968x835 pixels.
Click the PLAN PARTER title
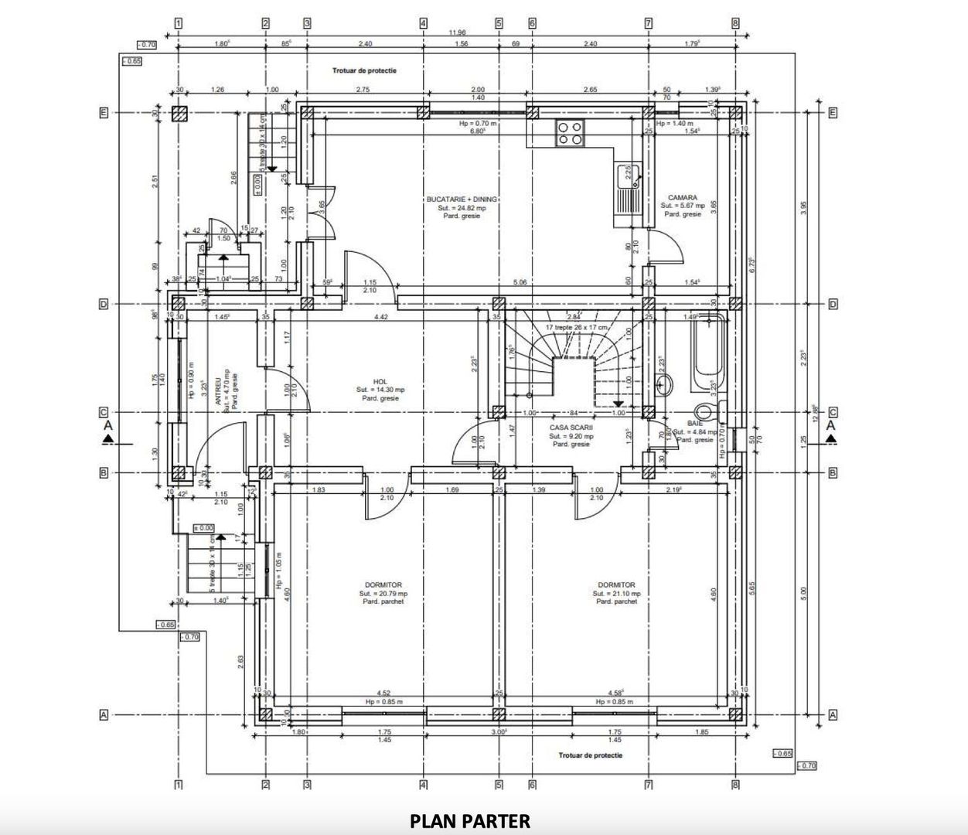coord(470,821)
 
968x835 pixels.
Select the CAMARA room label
coord(683,198)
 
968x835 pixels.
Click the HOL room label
coord(380,382)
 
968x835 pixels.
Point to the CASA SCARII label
coord(571,427)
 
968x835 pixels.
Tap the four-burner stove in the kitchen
coord(571,133)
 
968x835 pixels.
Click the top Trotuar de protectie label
coord(365,70)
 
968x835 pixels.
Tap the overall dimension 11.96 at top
coord(458,32)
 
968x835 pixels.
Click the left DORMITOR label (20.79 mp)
coord(383,585)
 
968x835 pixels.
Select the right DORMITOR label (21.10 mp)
coord(616,585)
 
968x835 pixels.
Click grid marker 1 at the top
coord(179,23)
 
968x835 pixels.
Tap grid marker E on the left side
coord(103,113)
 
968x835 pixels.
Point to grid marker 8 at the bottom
coord(735,786)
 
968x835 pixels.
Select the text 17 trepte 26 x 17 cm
coord(576,328)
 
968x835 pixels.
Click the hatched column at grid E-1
coord(179,114)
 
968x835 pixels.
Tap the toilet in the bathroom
coord(704,411)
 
